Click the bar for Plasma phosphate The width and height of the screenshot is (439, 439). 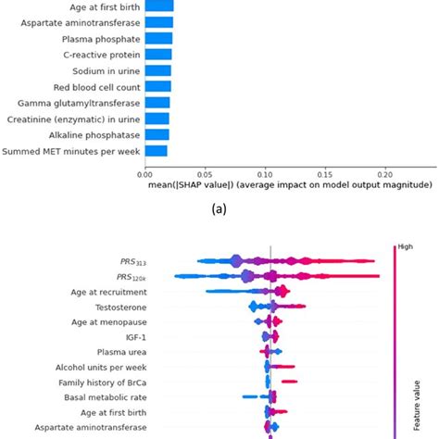click(158, 38)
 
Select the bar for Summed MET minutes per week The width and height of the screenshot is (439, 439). click(156, 150)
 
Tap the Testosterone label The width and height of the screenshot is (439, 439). click(118, 307)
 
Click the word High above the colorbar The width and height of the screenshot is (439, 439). click(407, 246)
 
